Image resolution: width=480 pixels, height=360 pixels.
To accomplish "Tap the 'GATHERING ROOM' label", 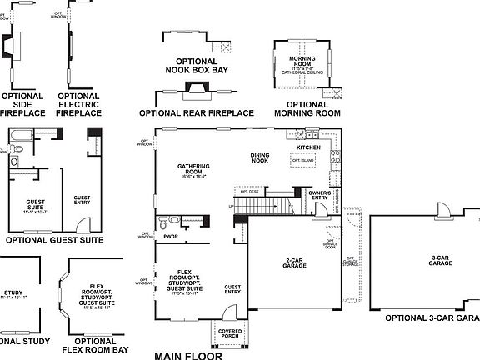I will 192,170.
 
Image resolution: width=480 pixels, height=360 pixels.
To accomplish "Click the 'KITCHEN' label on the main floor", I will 308,147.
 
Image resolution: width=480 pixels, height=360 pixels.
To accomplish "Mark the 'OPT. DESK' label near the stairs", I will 251,191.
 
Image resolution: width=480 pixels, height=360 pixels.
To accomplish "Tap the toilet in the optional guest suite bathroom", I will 13,164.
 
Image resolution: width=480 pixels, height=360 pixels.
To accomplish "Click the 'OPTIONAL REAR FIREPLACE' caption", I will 196,112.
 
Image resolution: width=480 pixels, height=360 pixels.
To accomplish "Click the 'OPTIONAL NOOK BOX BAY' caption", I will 197,66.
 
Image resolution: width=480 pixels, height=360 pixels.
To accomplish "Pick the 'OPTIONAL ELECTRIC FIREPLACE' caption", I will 79,104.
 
